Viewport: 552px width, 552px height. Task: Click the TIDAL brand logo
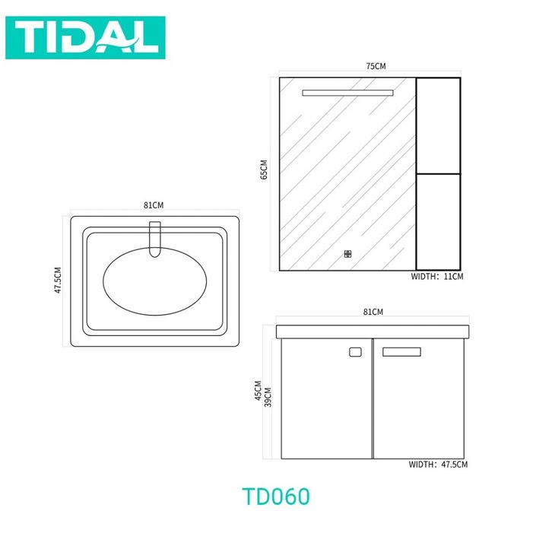pos(85,37)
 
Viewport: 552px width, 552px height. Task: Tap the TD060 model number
pos(276,496)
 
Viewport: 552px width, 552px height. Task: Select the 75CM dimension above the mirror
pos(376,66)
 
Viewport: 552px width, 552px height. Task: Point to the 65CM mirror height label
pos(264,170)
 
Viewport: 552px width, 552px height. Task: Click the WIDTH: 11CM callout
pos(437,276)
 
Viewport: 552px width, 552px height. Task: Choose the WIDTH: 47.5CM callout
pos(438,465)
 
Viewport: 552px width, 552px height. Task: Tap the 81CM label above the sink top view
pos(154,205)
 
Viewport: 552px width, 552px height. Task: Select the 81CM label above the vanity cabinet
pos(373,312)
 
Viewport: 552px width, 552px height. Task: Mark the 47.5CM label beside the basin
pos(58,280)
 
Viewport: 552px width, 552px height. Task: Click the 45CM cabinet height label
pos(258,390)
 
